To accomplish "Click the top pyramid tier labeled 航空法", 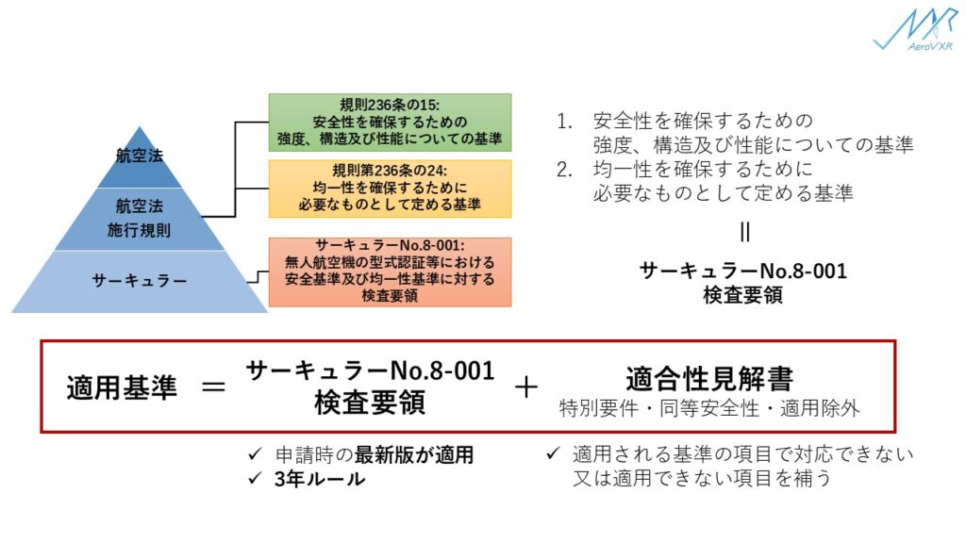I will pos(140,156).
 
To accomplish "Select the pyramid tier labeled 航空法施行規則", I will pos(140,218).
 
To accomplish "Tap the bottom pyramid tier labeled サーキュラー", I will pos(140,280).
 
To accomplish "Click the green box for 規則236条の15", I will pos(390,123).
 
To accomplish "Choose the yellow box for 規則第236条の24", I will pos(390,188).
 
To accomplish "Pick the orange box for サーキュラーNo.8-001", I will pos(390,271).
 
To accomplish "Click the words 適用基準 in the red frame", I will pos(122,387).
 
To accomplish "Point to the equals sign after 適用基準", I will pos(214,387).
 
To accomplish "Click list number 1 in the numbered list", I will pos(565,123).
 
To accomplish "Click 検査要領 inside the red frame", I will pos(370,403).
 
